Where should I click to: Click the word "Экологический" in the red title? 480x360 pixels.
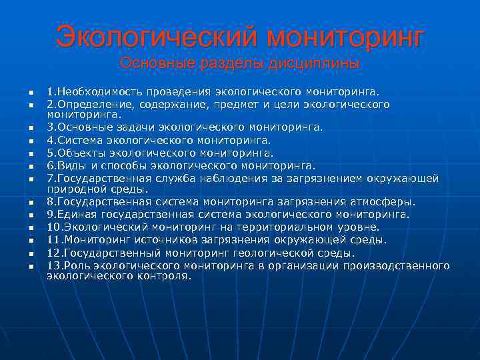tap(155, 37)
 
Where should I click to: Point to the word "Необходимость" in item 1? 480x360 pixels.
tap(95, 91)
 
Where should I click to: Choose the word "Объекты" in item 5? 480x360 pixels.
tap(79, 153)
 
